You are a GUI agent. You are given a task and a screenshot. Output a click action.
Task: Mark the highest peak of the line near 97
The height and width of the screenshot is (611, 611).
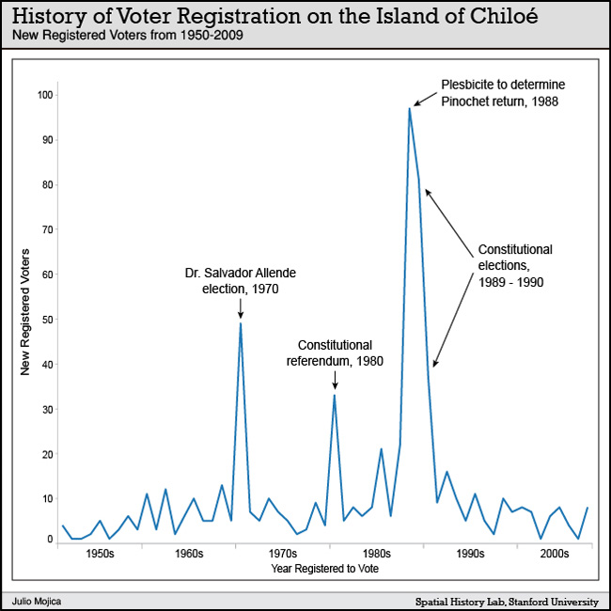tap(410, 108)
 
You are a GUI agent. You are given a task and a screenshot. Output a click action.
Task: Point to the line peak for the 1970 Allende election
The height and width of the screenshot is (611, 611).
tap(241, 323)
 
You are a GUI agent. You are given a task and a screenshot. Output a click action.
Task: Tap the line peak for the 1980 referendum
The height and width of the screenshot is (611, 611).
tap(334, 395)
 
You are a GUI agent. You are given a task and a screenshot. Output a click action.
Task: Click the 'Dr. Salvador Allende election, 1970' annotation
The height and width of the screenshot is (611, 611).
tap(241, 281)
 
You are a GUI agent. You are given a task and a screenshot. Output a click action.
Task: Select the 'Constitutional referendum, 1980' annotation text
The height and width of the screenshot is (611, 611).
tap(334, 352)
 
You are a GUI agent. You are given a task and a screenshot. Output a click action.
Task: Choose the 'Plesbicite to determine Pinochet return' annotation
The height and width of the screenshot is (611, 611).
tap(502, 92)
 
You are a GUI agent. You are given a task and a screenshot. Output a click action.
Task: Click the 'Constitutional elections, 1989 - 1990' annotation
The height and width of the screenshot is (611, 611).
tap(515, 265)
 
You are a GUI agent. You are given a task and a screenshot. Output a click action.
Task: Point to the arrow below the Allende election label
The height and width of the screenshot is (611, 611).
tap(241, 307)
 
